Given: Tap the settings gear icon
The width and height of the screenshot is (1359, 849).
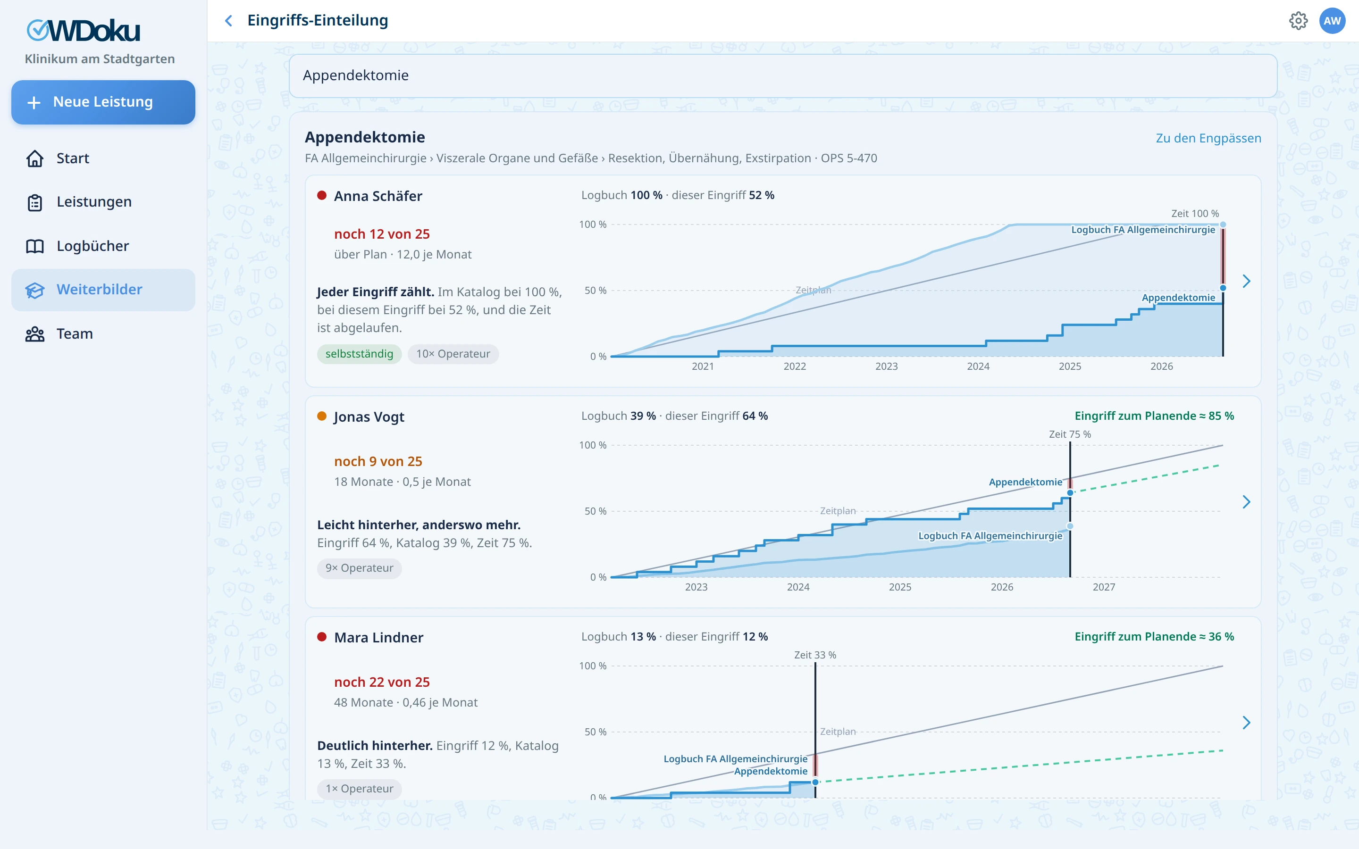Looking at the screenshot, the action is pos(1298,21).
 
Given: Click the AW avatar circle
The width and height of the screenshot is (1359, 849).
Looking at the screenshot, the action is pos(1332,21).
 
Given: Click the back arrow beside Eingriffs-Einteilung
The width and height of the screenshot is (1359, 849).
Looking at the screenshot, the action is pos(228,21).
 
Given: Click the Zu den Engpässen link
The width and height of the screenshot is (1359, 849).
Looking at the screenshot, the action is pos(1208,138).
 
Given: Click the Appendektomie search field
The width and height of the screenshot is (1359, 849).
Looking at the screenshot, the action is pos(783,76).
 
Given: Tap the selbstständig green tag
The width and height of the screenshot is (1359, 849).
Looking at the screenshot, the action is pos(360,354).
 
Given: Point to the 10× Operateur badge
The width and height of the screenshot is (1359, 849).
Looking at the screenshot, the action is pos(453,354).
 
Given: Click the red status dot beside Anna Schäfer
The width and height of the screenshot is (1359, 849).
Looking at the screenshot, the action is pos(322,195).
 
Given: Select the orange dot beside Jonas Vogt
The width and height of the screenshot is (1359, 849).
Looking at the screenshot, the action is pos(322,416).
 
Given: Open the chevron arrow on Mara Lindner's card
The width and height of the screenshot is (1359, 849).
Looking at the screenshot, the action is pos(1246,723).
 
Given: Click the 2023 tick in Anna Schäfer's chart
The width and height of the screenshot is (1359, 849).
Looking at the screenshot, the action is pos(886,366).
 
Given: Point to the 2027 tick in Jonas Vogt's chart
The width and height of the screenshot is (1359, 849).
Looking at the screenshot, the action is pos(1104,587).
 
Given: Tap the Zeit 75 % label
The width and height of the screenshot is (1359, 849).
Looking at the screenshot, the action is pos(1070,434).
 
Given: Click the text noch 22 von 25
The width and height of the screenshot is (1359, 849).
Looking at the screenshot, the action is pos(382,682).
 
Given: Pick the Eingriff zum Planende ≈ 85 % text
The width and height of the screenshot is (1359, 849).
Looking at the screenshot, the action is pos(1154,416).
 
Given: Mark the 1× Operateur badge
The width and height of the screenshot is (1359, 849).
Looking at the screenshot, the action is pos(360,789).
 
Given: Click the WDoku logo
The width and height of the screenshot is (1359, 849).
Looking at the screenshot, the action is pos(84,31).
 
